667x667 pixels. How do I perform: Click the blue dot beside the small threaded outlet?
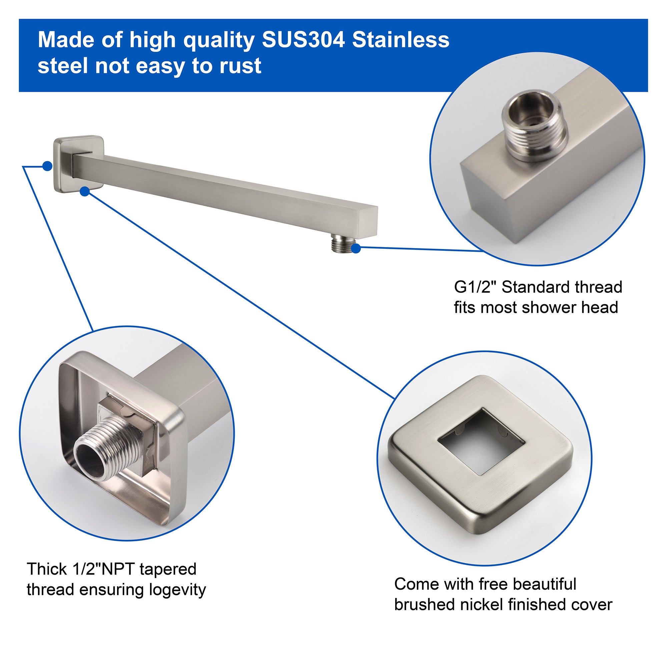tap(357, 248)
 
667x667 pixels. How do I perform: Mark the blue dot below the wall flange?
tap(85, 192)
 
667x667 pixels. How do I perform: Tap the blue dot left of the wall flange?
tap(47, 166)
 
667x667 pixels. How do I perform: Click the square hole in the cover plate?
tap(482, 440)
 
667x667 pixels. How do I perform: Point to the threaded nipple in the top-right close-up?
tap(534, 131)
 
